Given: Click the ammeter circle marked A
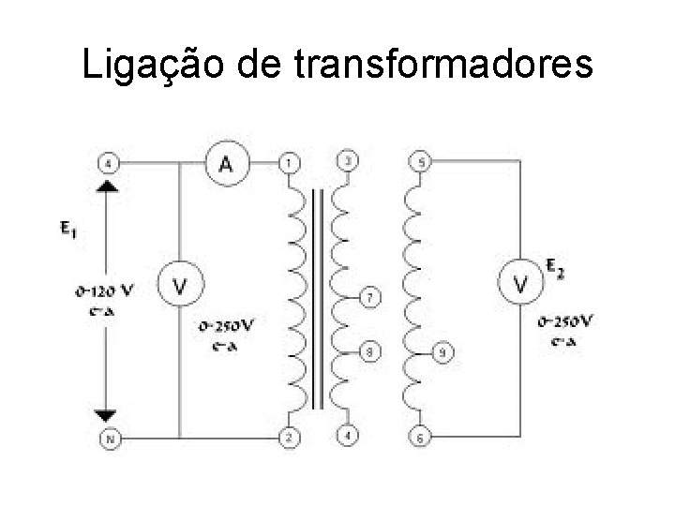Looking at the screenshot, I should (226, 165).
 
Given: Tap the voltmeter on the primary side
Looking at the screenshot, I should (178, 284).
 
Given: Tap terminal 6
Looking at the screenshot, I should (420, 438).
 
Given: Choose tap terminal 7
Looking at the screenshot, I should (370, 299).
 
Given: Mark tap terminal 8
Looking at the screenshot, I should (370, 352).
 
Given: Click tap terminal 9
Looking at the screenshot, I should (442, 353).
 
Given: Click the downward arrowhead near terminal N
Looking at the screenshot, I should (107, 415).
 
